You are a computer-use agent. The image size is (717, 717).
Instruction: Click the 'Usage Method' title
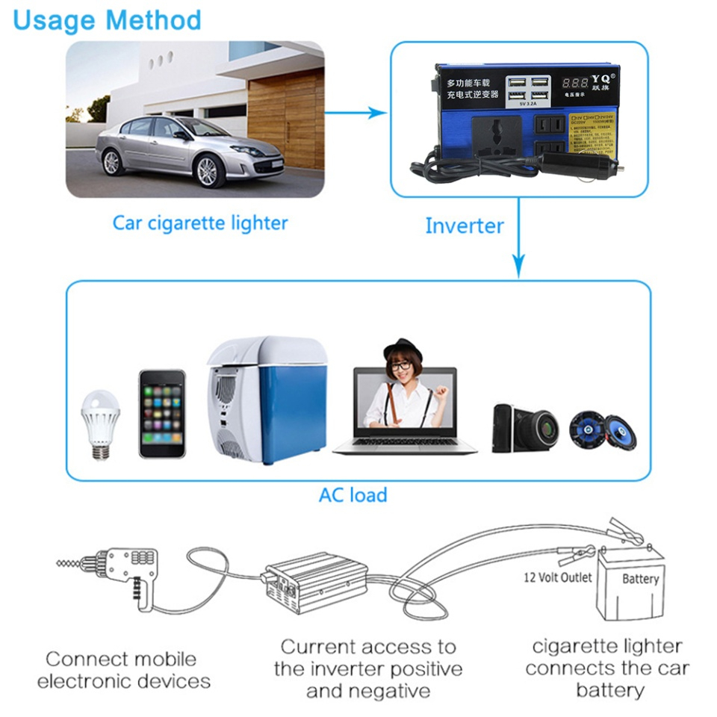click(x=108, y=19)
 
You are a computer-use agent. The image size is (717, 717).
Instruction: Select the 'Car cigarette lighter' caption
click(x=200, y=223)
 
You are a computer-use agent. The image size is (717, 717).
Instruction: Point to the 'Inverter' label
click(x=464, y=226)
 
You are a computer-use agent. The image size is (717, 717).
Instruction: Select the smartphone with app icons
click(x=161, y=413)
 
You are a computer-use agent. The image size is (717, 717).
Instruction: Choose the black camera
click(x=524, y=427)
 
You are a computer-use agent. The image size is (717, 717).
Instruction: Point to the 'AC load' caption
click(x=353, y=494)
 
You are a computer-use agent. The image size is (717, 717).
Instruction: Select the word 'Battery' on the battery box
click(x=640, y=579)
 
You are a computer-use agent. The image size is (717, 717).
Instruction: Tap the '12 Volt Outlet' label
click(x=557, y=577)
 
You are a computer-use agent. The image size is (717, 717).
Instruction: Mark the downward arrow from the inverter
click(x=518, y=246)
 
